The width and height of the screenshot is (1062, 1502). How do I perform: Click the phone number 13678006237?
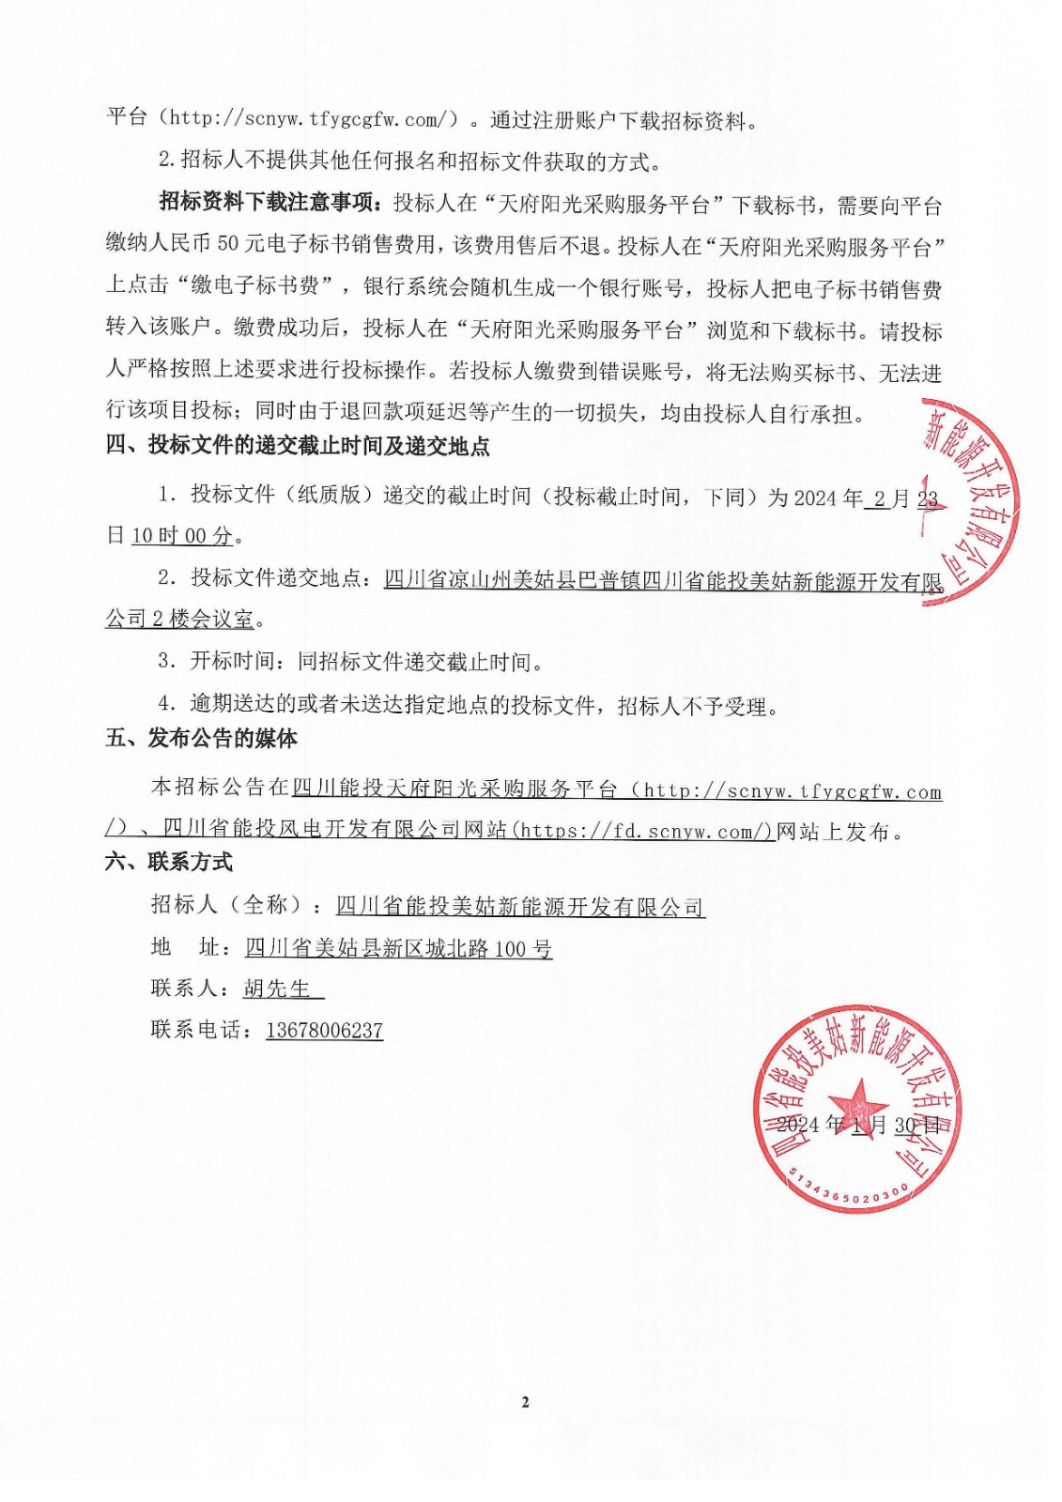click(324, 1030)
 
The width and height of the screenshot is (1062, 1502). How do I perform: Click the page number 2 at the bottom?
click(525, 1402)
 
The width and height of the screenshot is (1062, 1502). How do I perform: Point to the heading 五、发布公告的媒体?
click(201, 739)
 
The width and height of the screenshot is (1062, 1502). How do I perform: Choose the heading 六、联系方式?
click(169, 862)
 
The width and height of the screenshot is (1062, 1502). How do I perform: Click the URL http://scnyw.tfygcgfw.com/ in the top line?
click(310, 119)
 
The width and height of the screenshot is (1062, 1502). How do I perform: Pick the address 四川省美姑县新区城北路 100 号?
click(398, 948)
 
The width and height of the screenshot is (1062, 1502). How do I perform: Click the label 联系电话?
click(197, 1030)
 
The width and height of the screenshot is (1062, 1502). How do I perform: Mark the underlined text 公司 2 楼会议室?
click(179, 620)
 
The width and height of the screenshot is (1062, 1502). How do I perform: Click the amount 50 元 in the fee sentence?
click(240, 244)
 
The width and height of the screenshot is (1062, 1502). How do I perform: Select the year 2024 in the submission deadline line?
click(815, 498)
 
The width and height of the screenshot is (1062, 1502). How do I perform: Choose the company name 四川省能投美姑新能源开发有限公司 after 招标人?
click(520, 906)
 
